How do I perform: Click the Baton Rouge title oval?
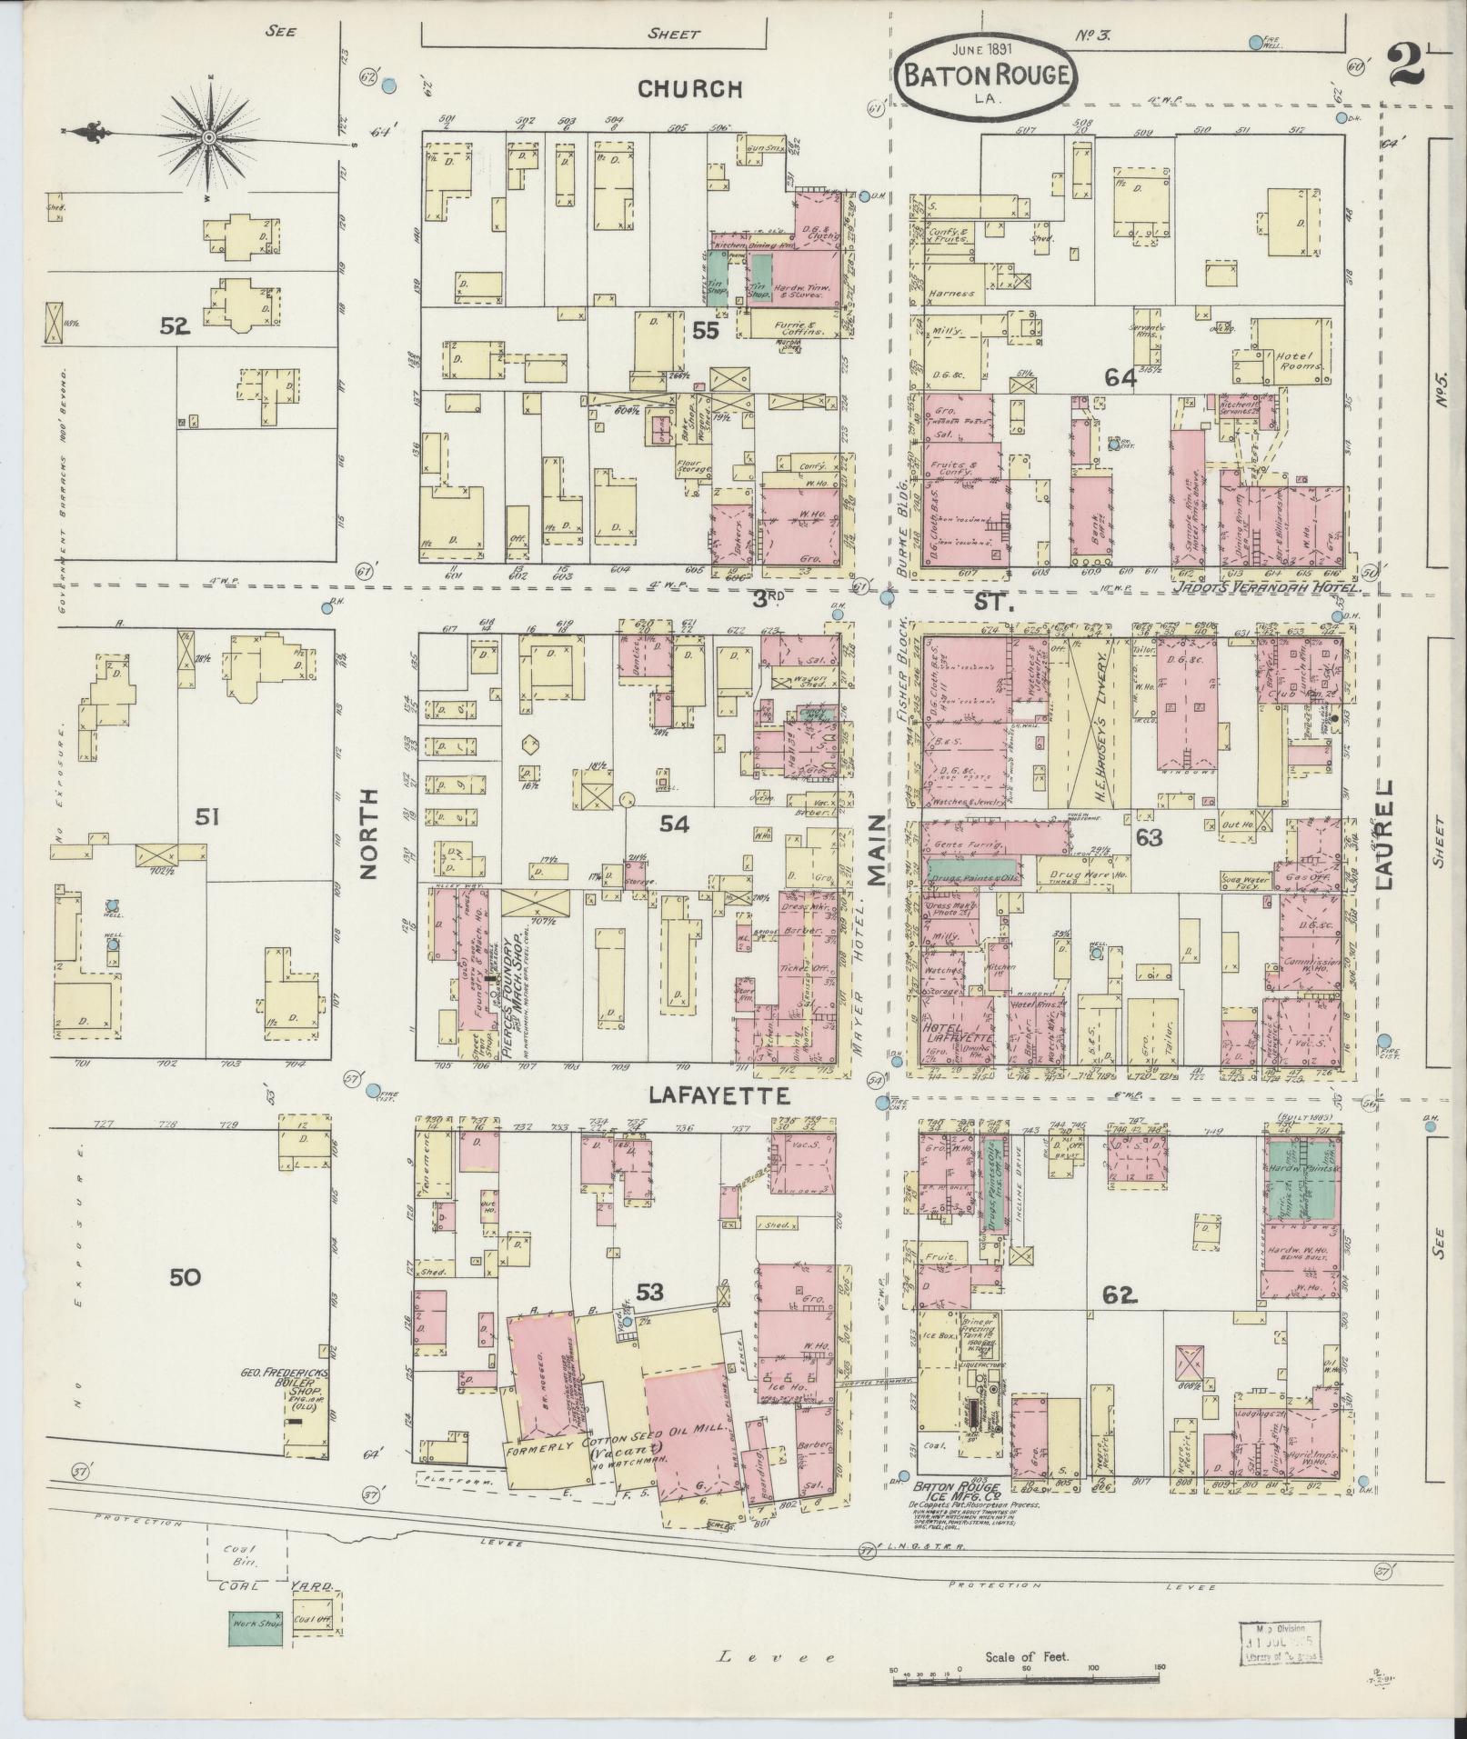point(987,75)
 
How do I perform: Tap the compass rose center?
point(208,137)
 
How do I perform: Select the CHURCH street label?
point(689,89)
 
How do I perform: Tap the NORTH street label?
point(369,834)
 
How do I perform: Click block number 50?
point(184,1277)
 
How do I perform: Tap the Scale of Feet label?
point(1027,1657)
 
